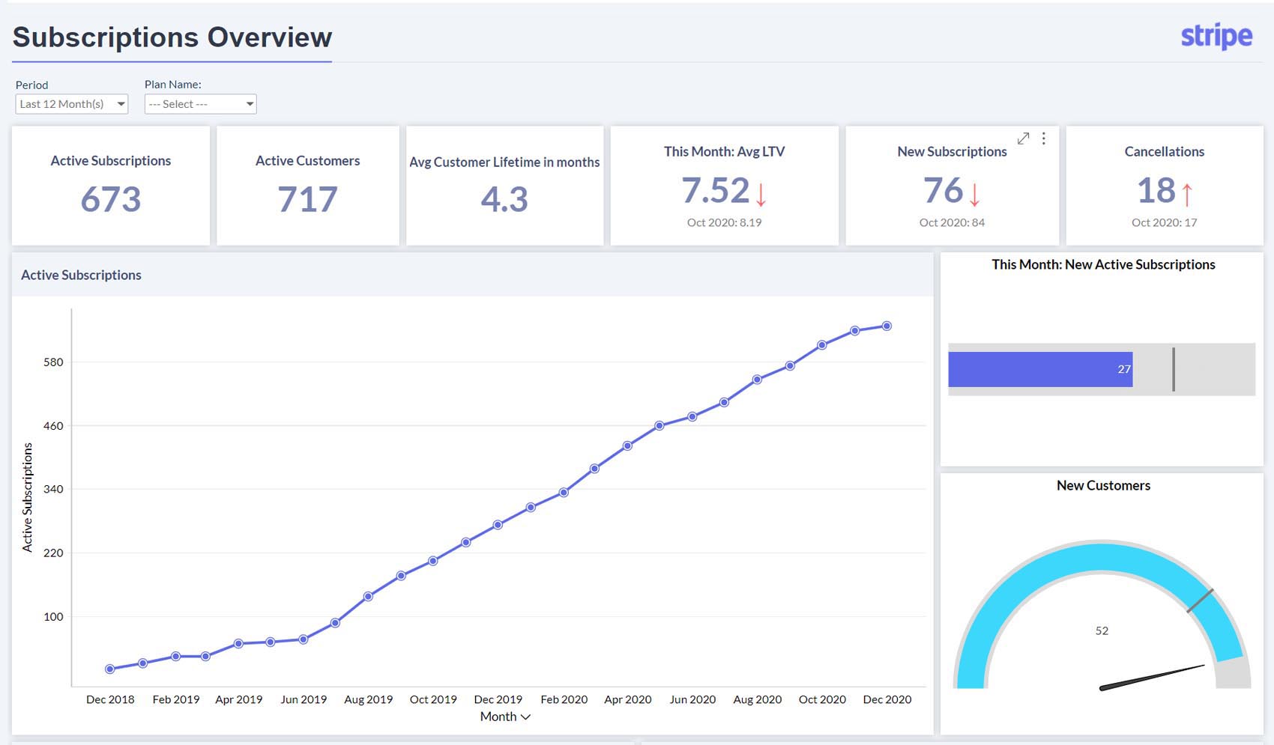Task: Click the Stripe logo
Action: (x=1216, y=36)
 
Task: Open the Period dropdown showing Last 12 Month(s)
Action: (x=72, y=104)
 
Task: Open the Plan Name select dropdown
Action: (x=200, y=104)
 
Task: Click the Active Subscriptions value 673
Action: (x=111, y=199)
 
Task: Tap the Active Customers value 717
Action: (x=307, y=199)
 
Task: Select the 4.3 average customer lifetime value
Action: (x=504, y=199)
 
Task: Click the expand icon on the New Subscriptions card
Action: (x=1023, y=139)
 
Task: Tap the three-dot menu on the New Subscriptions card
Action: (x=1043, y=139)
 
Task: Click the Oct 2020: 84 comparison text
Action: (x=952, y=222)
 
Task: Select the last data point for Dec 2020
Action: (x=887, y=326)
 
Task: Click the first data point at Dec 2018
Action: (x=110, y=669)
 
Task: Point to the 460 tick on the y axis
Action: (x=53, y=426)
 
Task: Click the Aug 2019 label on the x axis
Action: (x=368, y=699)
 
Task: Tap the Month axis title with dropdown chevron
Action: (x=505, y=717)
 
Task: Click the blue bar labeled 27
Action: (x=1040, y=369)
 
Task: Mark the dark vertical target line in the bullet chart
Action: (x=1174, y=369)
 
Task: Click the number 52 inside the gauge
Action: (x=1102, y=630)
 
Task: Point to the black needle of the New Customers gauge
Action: (x=1154, y=676)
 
